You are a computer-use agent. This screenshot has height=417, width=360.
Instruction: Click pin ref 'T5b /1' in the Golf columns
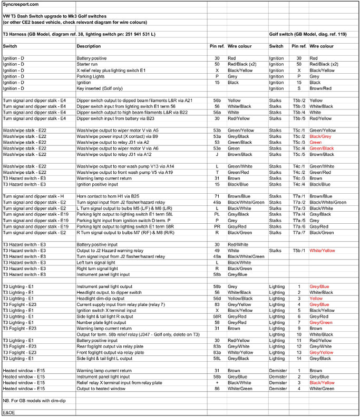[x=299, y=251]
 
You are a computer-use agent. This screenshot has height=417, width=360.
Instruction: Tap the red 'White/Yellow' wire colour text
[x=322, y=251]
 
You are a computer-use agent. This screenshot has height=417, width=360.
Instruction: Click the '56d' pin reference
[x=217, y=298]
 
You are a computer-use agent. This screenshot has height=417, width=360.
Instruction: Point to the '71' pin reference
[x=217, y=196]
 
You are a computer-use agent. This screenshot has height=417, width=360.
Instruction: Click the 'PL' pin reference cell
[x=217, y=214]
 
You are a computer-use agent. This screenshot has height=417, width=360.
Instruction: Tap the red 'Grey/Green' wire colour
[x=321, y=322]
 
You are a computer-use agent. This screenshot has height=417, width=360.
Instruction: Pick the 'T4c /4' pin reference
[x=299, y=184]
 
